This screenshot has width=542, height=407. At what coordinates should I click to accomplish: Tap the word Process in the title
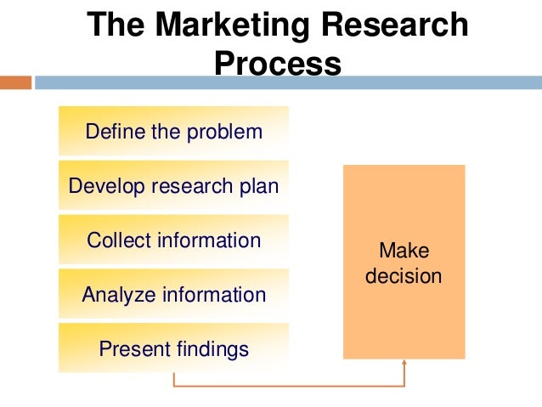[278, 64]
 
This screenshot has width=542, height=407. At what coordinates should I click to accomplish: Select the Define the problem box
[173, 131]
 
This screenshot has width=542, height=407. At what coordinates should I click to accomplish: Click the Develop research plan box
[173, 185]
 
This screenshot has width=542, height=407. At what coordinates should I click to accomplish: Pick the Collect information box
[173, 240]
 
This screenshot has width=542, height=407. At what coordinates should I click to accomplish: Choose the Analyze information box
[173, 295]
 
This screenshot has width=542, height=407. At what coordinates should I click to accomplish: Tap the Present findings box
[173, 348]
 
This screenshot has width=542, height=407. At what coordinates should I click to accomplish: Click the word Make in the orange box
[404, 252]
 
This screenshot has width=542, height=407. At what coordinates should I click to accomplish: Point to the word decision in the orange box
[404, 276]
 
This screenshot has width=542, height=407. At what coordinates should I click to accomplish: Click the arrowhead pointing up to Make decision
[404, 365]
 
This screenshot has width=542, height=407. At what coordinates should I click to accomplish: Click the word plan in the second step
[259, 186]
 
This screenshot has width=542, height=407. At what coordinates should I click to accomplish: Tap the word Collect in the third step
[118, 240]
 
